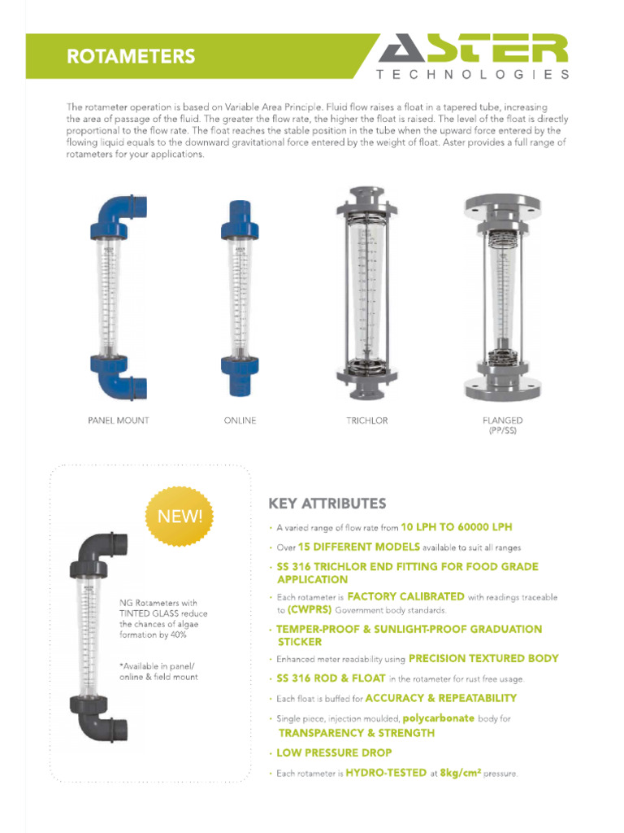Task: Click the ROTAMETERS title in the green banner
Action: pyautogui.click(x=131, y=56)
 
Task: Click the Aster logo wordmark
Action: pyautogui.click(x=474, y=51)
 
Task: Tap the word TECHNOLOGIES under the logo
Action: pyautogui.click(x=474, y=75)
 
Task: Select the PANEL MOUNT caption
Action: pyautogui.click(x=119, y=421)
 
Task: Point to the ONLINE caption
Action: pyautogui.click(x=240, y=421)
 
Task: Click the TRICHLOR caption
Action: pyautogui.click(x=367, y=421)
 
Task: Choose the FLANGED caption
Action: pyautogui.click(x=503, y=421)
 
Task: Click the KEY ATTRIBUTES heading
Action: pyautogui.click(x=327, y=504)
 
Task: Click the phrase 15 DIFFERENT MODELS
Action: pyautogui.click(x=358, y=547)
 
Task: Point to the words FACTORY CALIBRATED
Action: pyautogui.click(x=405, y=596)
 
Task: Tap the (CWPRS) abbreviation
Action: pyautogui.click(x=304, y=609)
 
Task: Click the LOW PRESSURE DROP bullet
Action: pyautogui.click(x=333, y=752)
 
